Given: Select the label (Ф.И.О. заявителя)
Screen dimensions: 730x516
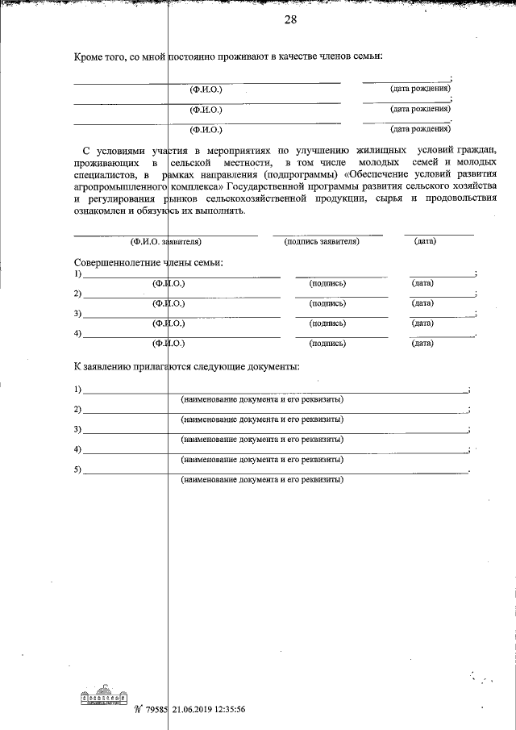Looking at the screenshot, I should pos(164,241).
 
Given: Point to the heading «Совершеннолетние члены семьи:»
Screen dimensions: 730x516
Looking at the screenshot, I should pos(148,263).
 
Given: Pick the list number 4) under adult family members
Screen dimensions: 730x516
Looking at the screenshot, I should pos(77,333).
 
